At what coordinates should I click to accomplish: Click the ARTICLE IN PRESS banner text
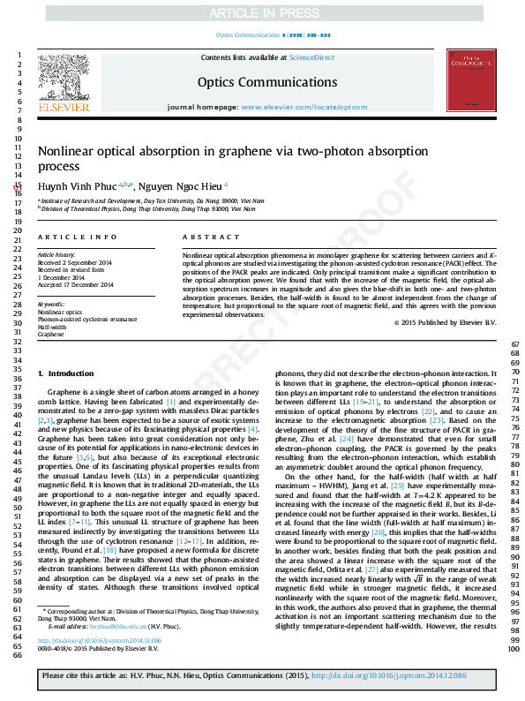262,13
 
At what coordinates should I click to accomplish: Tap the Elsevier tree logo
64,80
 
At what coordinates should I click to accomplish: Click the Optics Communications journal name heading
261,80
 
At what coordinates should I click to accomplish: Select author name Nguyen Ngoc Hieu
182,185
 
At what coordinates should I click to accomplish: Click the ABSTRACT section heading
212,238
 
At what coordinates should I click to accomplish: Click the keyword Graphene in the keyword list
51,335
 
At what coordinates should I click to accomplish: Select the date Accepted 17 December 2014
75,285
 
